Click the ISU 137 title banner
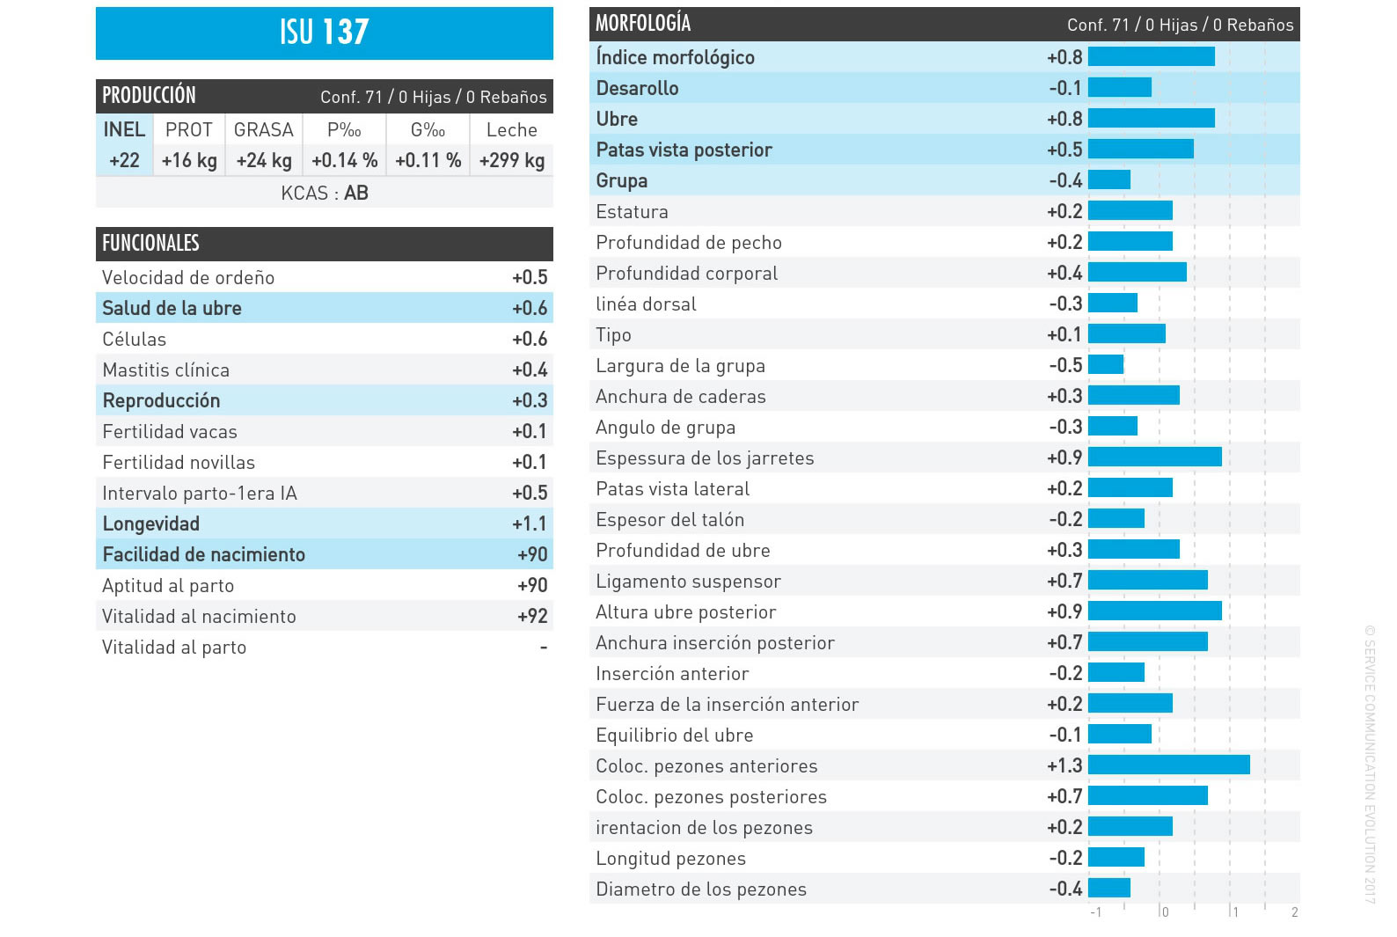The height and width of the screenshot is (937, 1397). coord(325,33)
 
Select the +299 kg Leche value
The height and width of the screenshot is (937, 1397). coord(512,160)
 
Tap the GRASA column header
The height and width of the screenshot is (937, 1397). coord(264,129)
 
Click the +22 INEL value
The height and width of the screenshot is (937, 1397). coord(124,160)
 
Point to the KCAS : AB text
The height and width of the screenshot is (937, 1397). coord(325,193)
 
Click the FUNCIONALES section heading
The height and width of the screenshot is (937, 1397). coord(151,244)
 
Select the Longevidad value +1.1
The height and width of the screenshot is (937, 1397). coord(530,523)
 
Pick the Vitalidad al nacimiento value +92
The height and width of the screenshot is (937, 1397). coord(532,617)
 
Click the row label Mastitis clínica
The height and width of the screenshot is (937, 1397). coord(166,370)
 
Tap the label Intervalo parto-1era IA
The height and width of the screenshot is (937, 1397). coord(200,494)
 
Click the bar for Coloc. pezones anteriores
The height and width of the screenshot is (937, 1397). coord(1169,765)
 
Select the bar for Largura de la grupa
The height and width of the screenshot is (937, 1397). coord(1106,364)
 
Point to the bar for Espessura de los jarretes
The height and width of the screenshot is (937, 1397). coord(1155,458)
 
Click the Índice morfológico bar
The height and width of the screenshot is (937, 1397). coord(1152,57)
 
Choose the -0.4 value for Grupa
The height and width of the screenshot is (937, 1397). coord(1065,181)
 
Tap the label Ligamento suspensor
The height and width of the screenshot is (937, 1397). coord(688,582)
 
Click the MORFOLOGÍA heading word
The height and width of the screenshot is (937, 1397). coord(643,24)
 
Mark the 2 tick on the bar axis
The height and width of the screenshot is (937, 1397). coord(1295,912)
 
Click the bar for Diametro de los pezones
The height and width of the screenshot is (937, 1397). coord(1109,888)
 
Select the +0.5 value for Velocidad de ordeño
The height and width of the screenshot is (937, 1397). coord(530,277)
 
